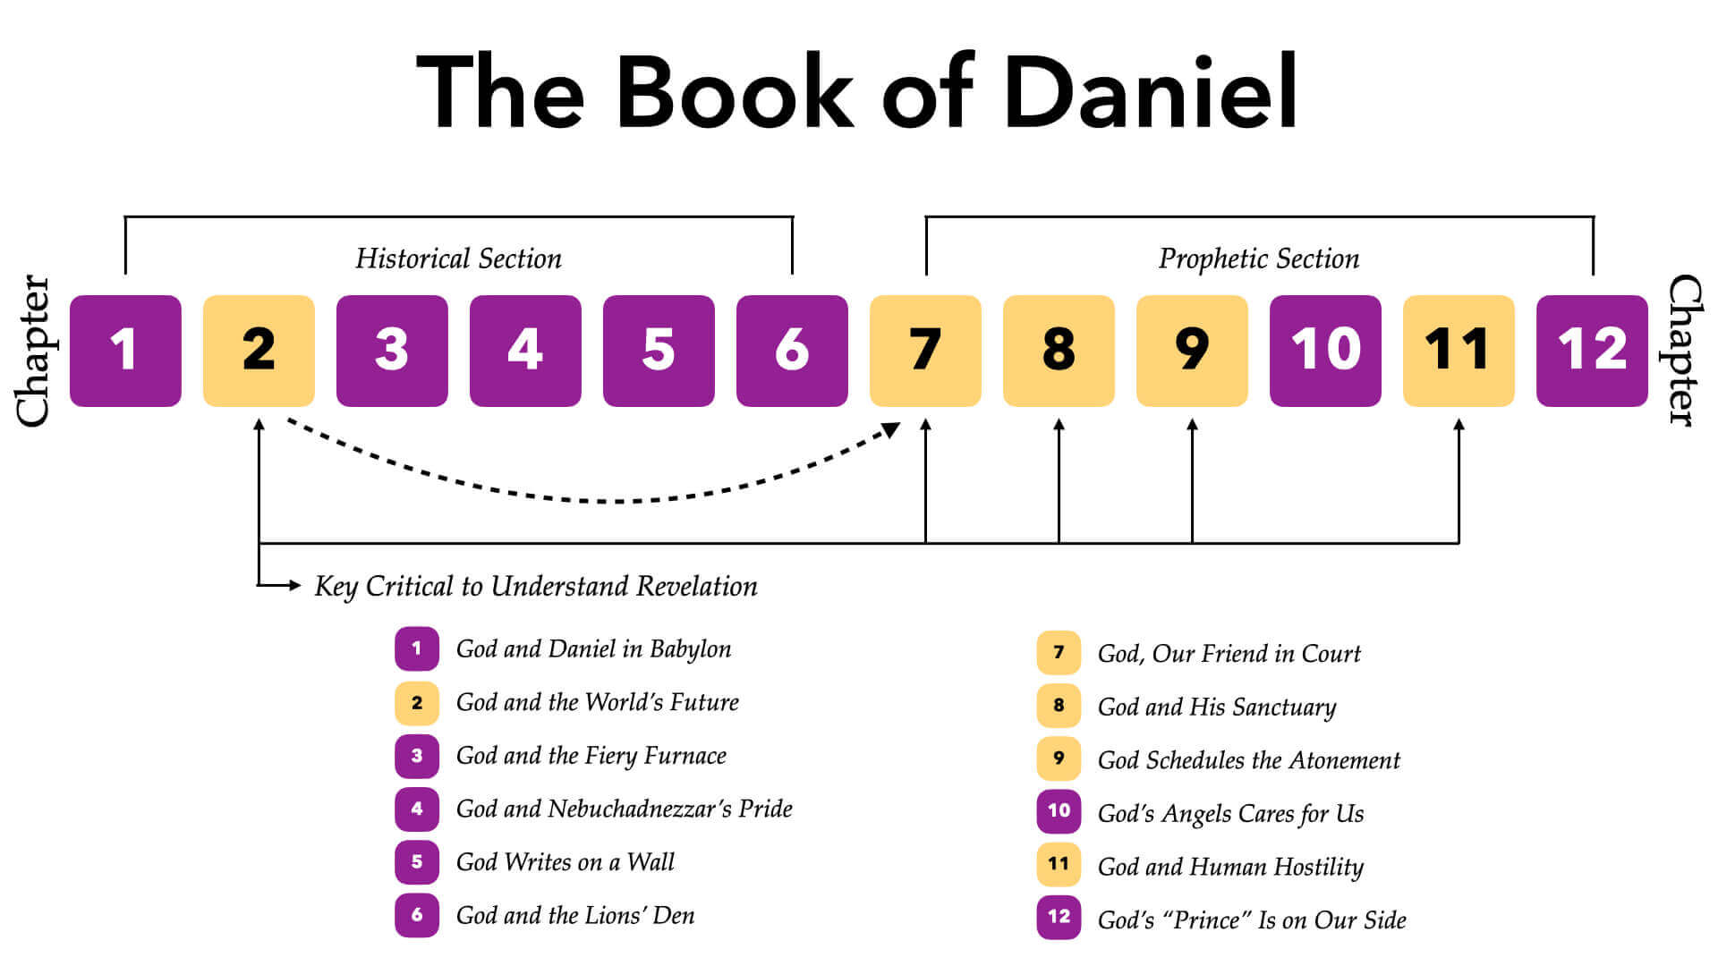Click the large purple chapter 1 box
coord(125,351)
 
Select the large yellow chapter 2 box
coord(259,351)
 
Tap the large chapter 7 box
coord(925,351)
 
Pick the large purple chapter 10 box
coord(1325,351)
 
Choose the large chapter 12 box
coord(1592,351)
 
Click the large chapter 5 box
coord(659,351)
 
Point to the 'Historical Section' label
coord(458,258)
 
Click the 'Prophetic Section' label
coord(1258,258)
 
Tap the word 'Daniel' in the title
coord(1151,92)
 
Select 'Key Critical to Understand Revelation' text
coord(535,586)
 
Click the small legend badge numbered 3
coord(417,756)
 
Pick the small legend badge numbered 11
coord(1059,864)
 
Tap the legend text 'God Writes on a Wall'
coord(565,862)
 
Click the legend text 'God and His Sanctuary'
coord(1217,707)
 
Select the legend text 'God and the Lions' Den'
coord(574,916)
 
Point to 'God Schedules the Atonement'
coord(1248,760)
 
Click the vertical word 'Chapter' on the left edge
coord(34,351)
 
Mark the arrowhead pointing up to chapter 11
coord(1459,425)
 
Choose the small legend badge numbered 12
coord(1059,917)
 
